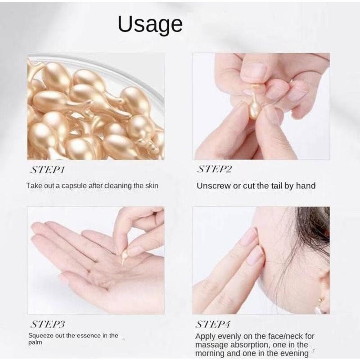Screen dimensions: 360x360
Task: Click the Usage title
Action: coord(150,25)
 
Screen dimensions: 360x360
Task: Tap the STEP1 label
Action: coord(48,170)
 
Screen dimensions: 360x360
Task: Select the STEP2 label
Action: coord(215,169)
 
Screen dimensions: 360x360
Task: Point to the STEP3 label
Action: coord(48,324)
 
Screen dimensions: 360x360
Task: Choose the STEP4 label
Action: coord(212,324)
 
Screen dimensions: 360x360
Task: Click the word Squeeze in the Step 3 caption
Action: coord(41,336)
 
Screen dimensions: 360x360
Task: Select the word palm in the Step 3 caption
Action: coord(35,342)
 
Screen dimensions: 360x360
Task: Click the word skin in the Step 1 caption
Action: coord(152,186)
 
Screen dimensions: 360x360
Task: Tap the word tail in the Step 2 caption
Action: coord(276,186)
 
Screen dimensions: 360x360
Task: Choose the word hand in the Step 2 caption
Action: coord(306,186)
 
